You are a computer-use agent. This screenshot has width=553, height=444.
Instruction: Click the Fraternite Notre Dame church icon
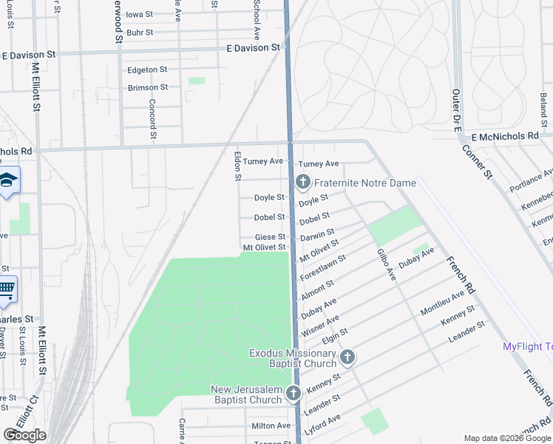(302, 182)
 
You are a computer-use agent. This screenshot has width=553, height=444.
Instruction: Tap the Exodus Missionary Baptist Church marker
(347, 358)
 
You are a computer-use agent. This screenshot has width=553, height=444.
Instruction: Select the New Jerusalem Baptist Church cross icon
(293, 394)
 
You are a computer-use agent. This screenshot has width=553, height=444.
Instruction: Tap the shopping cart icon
(7, 290)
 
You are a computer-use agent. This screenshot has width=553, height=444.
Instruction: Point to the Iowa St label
(139, 14)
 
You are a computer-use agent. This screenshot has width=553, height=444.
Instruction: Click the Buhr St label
(139, 33)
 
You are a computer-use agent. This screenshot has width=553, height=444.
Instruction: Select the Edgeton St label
(143, 70)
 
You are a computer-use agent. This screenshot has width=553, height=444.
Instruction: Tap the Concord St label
(153, 119)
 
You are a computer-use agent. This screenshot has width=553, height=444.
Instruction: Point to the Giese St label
(270, 237)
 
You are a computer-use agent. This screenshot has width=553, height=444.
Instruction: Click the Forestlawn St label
(323, 264)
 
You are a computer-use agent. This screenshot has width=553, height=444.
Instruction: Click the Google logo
(25, 435)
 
